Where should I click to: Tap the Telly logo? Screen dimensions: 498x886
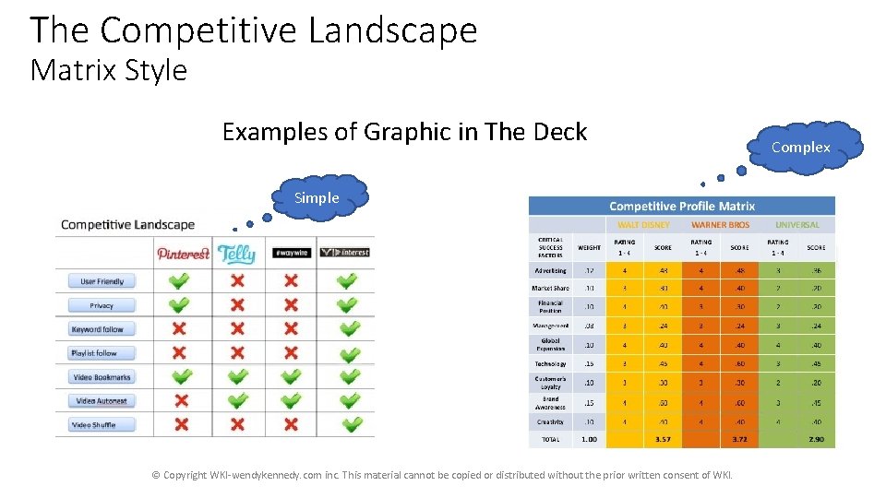pos(236,253)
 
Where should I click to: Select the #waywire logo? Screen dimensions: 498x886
pos(291,253)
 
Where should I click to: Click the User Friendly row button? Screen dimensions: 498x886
pos(102,281)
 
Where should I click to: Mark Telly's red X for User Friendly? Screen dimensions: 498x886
pos(237,281)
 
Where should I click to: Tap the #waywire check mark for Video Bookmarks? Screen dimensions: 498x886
pos(291,377)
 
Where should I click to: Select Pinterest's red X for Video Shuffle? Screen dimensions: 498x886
pos(181,425)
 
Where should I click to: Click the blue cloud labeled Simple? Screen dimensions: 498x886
pos(317,197)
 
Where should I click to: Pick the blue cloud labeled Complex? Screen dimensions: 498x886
pos(800,148)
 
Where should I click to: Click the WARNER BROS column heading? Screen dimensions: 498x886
pos(720,224)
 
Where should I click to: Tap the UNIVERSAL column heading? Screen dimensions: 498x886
pos(796,224)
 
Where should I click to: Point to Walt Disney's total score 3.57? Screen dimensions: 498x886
pos(663,439)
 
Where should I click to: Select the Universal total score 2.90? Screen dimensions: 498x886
pos(816,439)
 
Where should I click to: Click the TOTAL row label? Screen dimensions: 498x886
pos(550,439)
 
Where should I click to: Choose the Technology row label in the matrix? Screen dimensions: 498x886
pos(550,363)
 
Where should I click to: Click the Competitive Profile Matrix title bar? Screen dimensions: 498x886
pos(681,207)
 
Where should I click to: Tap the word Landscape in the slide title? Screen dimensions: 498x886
pos(392,30)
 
